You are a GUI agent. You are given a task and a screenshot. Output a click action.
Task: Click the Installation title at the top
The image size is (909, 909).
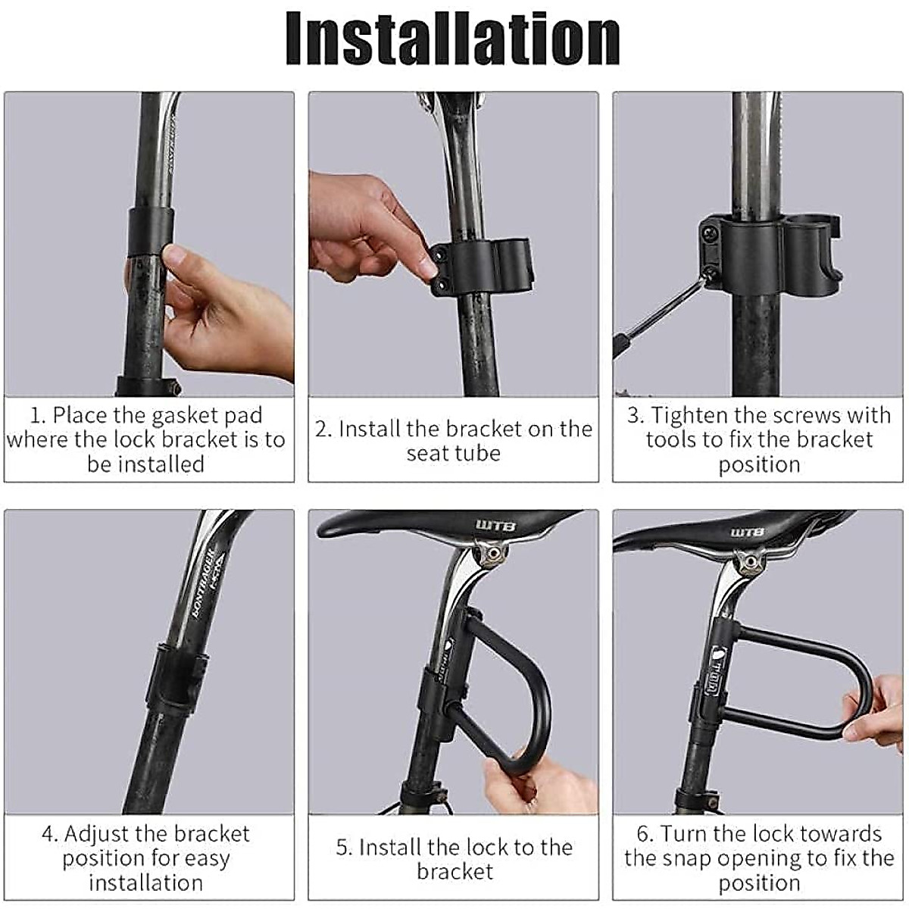pyautogui.click(x=453, y=39)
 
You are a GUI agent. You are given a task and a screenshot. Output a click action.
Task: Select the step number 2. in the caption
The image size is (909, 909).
pyautogui.click(x=323, y=430)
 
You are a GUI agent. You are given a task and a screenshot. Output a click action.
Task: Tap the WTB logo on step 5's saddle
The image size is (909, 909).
pyautogui.click(x=495, y=526)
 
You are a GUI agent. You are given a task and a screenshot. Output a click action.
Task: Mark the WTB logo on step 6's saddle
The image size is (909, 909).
pyautogui.click(x=747, y=533)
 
